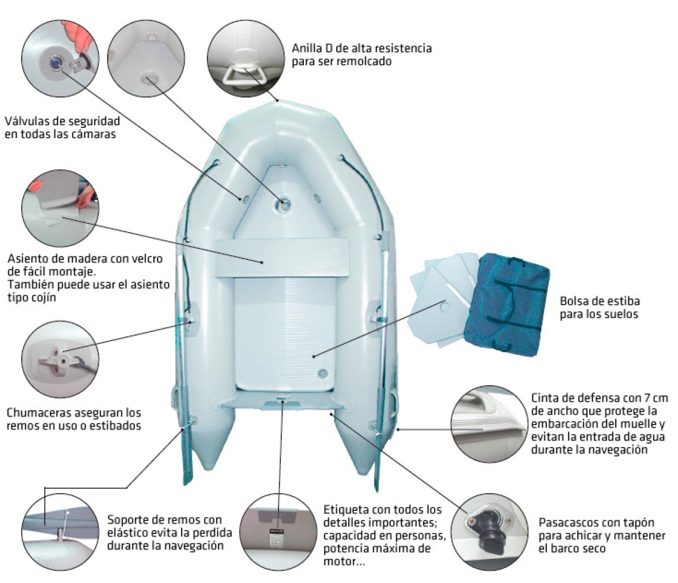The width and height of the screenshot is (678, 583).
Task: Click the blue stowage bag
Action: [x=507, y=304]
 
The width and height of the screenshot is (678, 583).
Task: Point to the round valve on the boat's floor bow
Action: [x=284, y=205]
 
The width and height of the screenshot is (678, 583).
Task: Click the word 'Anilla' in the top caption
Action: [x=307, y=48]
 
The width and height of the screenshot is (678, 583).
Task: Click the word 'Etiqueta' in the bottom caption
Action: [x=345, y=509]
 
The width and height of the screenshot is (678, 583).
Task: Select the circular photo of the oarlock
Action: [x=60, y=359]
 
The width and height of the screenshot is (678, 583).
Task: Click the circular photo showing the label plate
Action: [x=278, y=532]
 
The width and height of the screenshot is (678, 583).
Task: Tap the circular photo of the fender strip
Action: [x=489, y=425]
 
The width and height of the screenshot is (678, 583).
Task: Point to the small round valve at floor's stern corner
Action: [x=323, y=373]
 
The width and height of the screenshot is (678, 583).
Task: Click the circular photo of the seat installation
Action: [x=60, y=209]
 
